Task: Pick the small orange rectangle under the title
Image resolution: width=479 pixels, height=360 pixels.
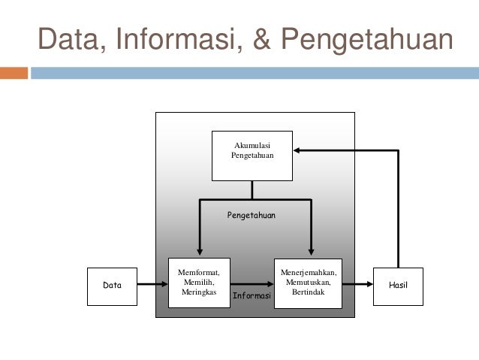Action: (14, 74)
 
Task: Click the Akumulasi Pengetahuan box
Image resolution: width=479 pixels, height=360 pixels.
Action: (252, 156)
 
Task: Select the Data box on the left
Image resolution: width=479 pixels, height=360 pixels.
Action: (112, 286)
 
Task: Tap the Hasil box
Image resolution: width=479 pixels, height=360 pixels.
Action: (398, 286)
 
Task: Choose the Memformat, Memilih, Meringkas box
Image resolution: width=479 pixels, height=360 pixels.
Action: (199, 282)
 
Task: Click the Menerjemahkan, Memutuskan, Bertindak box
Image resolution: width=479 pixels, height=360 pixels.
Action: (308, 282)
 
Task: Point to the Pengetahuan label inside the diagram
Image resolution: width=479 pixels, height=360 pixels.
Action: (252, 215)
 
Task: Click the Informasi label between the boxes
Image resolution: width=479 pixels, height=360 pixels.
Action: (252, 296)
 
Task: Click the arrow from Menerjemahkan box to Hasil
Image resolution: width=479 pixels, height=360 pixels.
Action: (357, 285)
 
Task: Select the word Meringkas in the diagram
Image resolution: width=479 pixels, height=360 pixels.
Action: (199, 292)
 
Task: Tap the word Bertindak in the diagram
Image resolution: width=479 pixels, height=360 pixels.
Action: (308, 292)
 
